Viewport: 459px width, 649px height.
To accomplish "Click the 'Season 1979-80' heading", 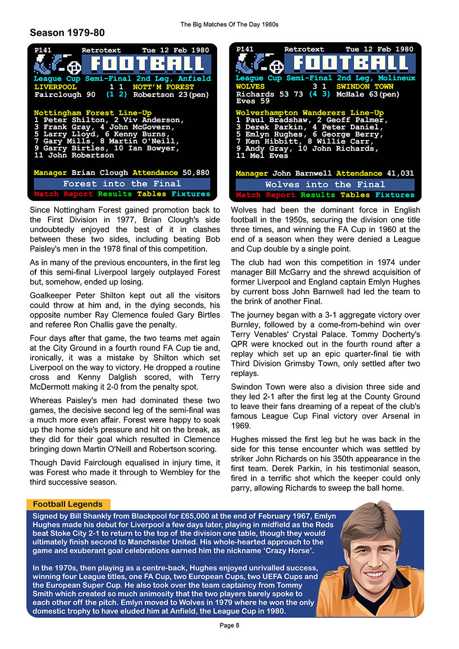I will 67,33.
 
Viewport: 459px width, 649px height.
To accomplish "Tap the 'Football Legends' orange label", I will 68,504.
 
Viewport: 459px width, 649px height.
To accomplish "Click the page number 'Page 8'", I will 229,625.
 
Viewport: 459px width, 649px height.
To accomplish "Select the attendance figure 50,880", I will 196,173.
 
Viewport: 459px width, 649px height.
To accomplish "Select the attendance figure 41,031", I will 400,173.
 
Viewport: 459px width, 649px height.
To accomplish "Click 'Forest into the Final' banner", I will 122,184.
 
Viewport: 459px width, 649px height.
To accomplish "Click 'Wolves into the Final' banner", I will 325,185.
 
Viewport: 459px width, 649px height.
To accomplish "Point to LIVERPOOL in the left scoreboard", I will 55,87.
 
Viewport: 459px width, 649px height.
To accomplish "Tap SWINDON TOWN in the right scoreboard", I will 364,86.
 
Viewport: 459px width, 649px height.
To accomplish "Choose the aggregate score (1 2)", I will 116,95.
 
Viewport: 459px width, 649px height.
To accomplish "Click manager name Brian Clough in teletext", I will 99,173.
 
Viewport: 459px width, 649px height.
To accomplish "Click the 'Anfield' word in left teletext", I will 194,79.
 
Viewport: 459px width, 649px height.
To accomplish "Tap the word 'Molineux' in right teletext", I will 396,78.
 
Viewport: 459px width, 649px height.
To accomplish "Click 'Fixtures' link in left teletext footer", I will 190,194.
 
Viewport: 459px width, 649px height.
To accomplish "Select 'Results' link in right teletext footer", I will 317,195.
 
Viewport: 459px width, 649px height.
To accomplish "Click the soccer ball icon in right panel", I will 276,67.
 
